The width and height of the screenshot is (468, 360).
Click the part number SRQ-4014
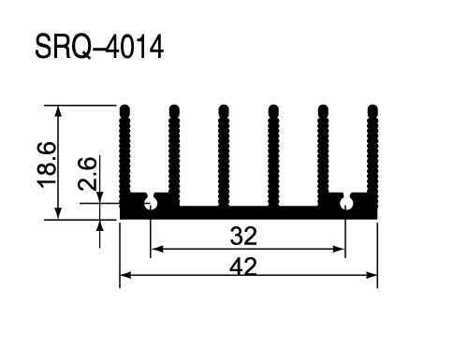pos(99,47)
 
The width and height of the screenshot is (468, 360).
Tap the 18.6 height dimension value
pos(47,165)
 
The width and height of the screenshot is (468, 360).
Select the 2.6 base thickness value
pos(87,173)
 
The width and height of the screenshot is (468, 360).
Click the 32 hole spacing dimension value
pos(243,236)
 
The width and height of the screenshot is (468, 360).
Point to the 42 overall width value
pos(243,266)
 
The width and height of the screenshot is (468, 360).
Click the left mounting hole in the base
pos(151,203)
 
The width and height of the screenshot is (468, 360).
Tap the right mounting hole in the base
pos(345,203)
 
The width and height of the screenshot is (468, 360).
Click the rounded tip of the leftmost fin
pos(124,110)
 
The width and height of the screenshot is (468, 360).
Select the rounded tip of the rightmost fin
pos(373,110)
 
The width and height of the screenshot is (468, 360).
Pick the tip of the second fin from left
pos(174,110)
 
